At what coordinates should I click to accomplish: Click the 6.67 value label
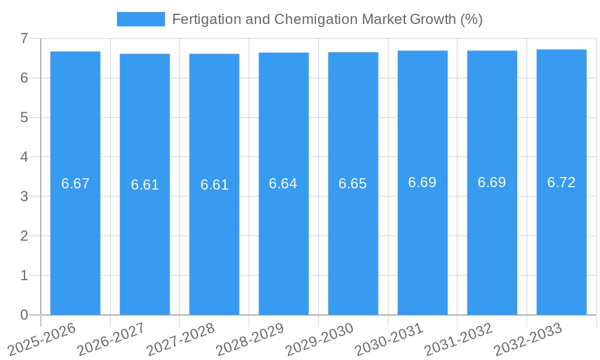pos(75,184)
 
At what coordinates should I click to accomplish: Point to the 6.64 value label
pos(283,184)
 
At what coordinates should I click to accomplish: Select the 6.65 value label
pos(353,184)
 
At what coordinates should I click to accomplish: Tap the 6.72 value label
pos(562,182)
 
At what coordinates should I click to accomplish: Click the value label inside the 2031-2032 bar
pos(492,182)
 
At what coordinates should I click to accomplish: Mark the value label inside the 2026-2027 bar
pos(145,185)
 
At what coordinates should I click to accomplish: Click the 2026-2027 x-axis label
pos(112,339)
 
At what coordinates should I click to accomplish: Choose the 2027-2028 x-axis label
pos(181,339)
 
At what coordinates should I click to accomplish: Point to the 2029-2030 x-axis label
pos(320,339)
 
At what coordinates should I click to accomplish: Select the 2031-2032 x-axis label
pos(458,339)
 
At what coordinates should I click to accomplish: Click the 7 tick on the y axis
pos(24,38)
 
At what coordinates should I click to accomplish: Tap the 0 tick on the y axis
pos(24,315)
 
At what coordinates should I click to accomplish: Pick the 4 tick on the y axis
pos(24,157)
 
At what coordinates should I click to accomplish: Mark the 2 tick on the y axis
pos(24,236)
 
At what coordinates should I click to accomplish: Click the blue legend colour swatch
pos(140,19)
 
